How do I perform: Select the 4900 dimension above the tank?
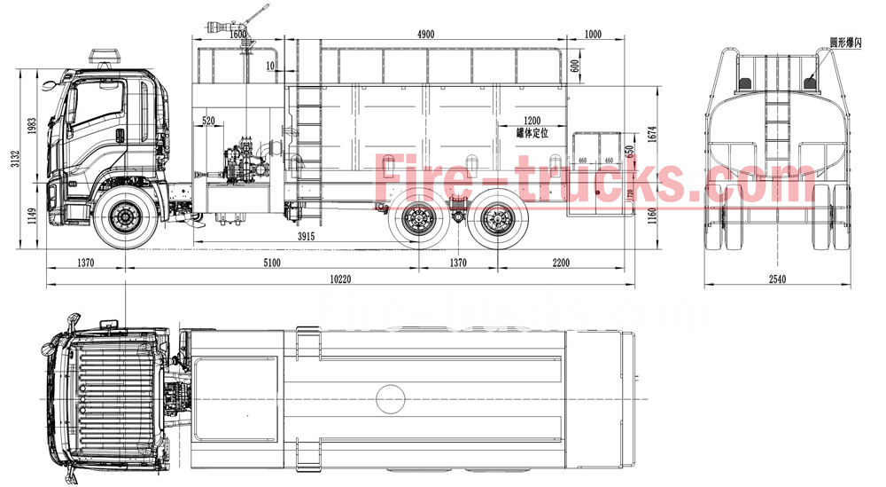[x=425, y=34]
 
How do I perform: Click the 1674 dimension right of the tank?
[x=652, y=134]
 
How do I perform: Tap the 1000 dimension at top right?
[x=593, y=34]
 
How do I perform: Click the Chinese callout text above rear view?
[x=845, y=42]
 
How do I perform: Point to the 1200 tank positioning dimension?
[x=532, y=120]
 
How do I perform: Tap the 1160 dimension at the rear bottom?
[x=652, y=213]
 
